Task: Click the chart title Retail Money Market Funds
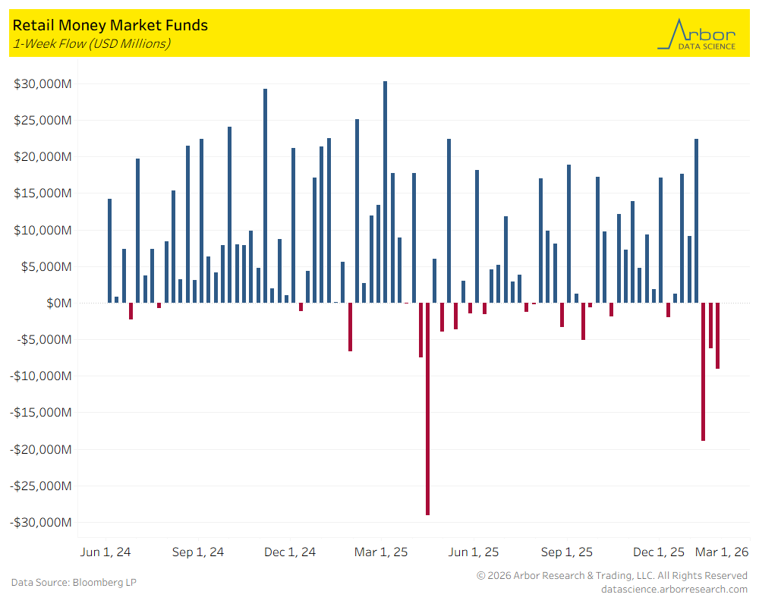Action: pos(110,26)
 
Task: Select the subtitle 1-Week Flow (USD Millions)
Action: pos(91,43)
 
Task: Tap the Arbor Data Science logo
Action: pos(696,35)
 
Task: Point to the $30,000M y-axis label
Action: pos(43,83)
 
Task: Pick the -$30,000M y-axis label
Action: pos(42,523)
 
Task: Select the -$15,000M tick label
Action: pos(42,413)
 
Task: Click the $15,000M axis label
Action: pos(43,193)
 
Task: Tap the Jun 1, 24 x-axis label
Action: pos(106,552)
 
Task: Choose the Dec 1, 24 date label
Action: pos(290,552)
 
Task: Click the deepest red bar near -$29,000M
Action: pos(427,409)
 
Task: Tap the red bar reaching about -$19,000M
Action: pos(703,371)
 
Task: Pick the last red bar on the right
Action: pos(717,335)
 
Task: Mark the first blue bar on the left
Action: pos(109,250)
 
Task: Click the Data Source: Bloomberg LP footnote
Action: pos(74,583)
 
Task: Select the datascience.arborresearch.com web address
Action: pos(674,589)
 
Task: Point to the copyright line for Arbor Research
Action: pos(612,576)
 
